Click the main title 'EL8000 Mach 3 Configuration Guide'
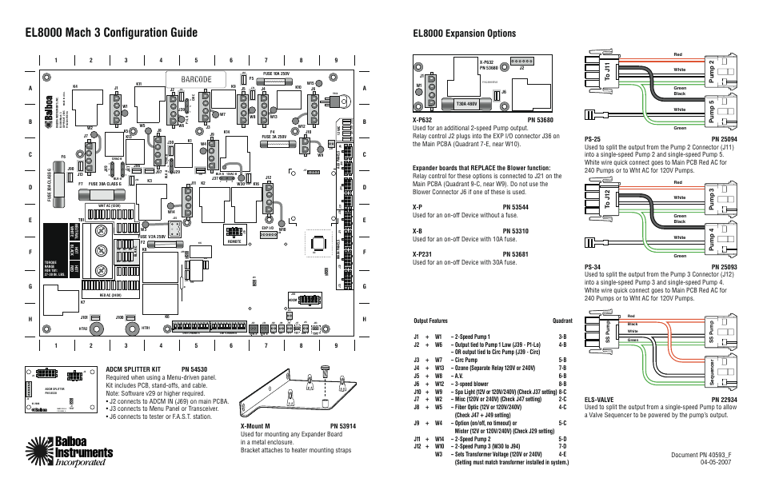coord(110,33)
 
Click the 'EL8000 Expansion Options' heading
coord(464,34)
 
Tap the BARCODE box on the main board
coord(190,79)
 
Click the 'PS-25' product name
coord(593,138)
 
